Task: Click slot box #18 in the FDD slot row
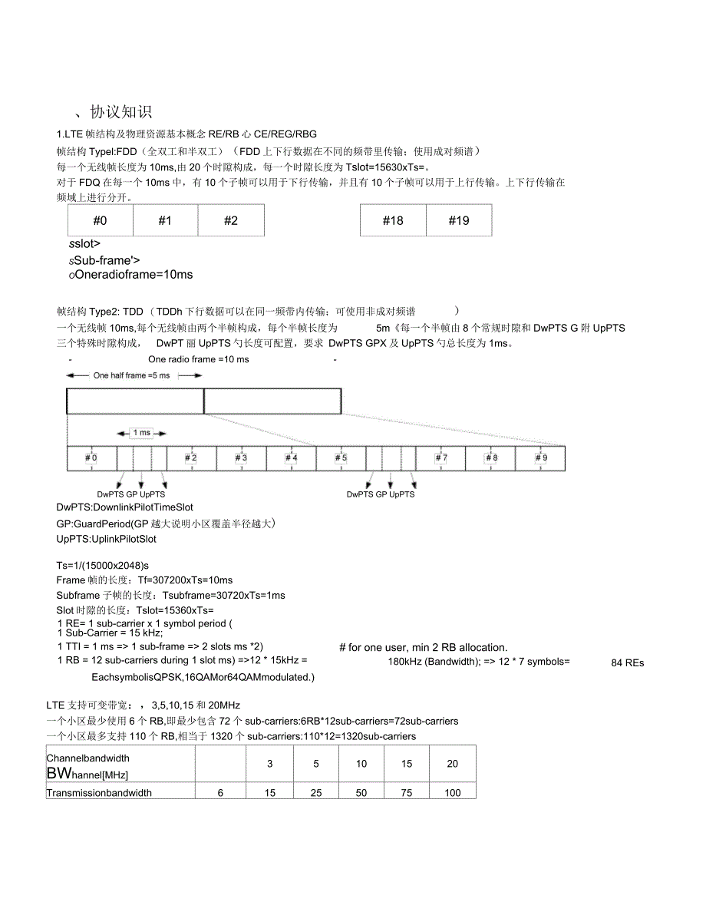393,220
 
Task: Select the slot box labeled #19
459,220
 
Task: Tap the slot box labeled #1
165,220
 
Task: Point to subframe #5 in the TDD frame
341,458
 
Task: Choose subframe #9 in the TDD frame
540,458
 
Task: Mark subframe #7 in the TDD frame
440,458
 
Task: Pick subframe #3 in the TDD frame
241,458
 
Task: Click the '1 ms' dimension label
143,433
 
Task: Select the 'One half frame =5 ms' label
131,375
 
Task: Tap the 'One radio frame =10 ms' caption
199,359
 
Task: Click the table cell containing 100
453,793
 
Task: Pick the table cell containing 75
407,793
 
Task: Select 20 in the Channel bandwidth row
453,764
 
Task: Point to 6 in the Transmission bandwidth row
220,793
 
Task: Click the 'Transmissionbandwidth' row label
99,793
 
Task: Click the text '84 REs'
628,662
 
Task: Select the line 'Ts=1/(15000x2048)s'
103,566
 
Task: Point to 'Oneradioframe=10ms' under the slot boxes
130,274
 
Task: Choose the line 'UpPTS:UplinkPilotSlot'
107,539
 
